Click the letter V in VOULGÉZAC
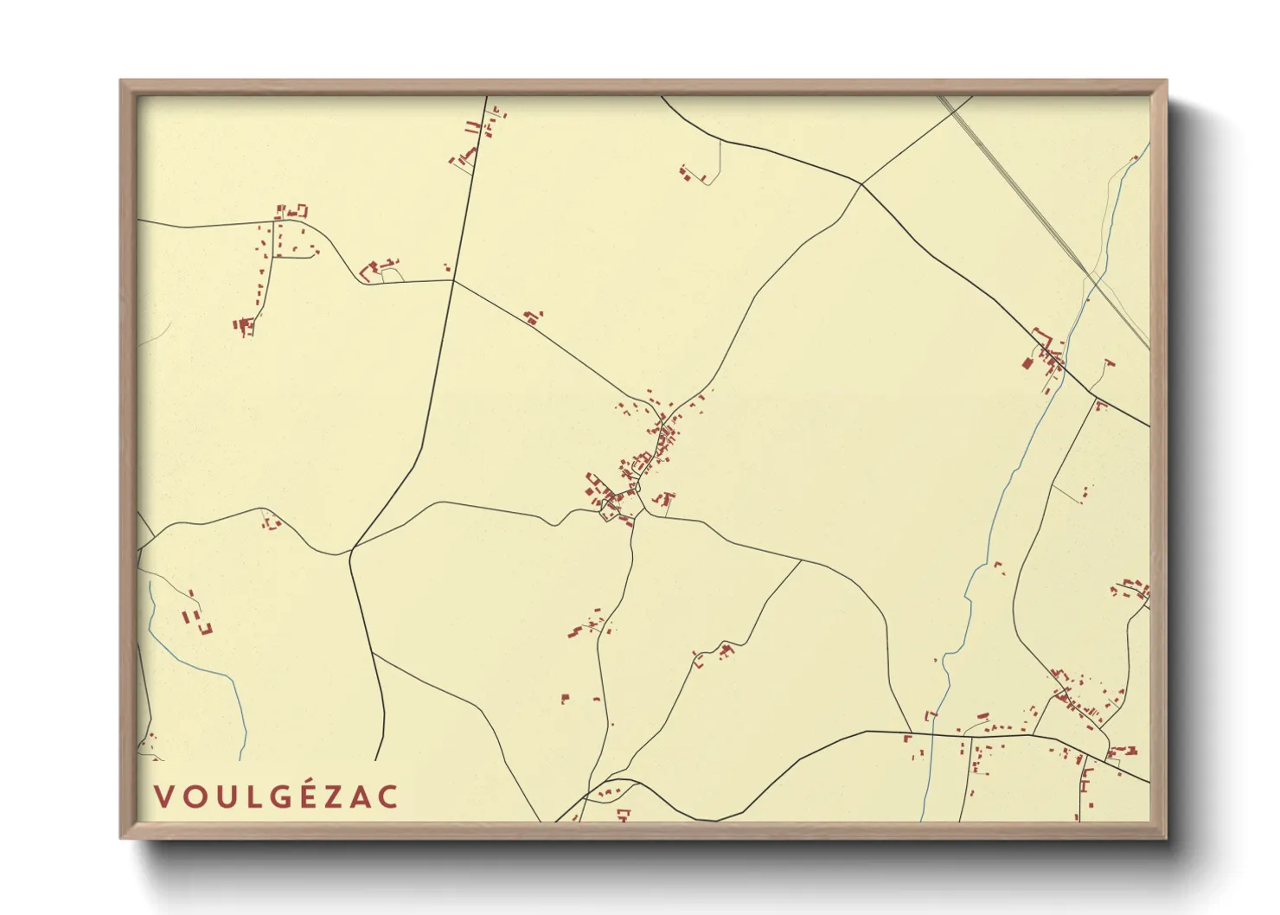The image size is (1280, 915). tap(161, 797)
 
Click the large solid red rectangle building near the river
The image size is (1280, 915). tap(1027, 362)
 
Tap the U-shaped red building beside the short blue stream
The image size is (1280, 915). tap(206, 629)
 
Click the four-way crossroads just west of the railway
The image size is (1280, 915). tap(861, 183)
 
